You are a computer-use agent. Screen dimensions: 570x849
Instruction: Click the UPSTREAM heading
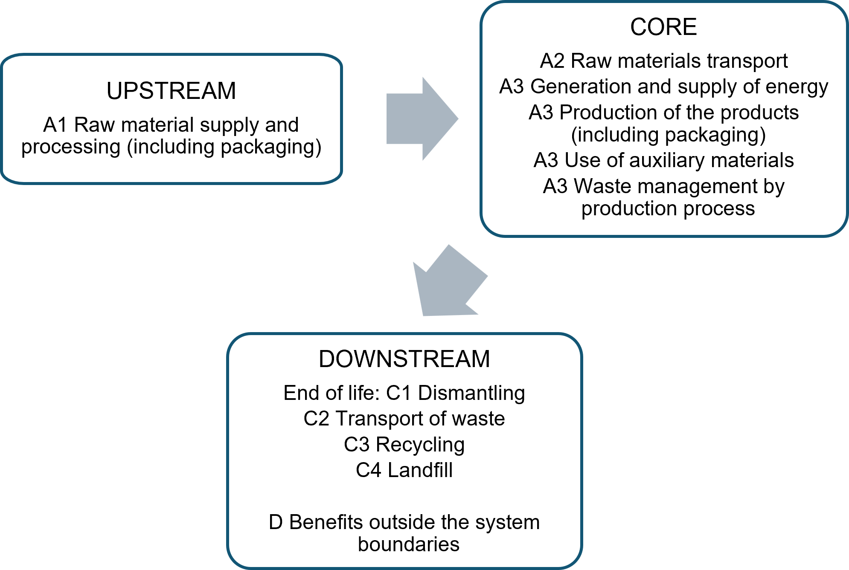pos(171,91)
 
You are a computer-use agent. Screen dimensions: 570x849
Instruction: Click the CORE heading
pos(663,27)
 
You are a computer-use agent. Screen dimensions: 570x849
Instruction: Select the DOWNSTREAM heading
pos(404,359)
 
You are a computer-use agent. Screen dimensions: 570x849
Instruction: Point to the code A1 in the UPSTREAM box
pos(55,125)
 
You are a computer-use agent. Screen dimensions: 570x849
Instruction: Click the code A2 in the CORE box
pos(552,61)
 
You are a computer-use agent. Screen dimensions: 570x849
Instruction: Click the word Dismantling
pos(471,393)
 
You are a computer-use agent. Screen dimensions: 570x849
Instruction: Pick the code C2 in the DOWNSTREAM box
pos(316,419)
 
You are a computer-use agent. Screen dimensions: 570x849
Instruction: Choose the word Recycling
pos(420,445)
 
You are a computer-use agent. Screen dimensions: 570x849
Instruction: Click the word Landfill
pos(420,470)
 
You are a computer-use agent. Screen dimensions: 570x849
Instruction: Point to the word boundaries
pos(408,544)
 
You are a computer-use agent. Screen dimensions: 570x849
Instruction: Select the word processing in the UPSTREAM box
pos(71,148)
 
